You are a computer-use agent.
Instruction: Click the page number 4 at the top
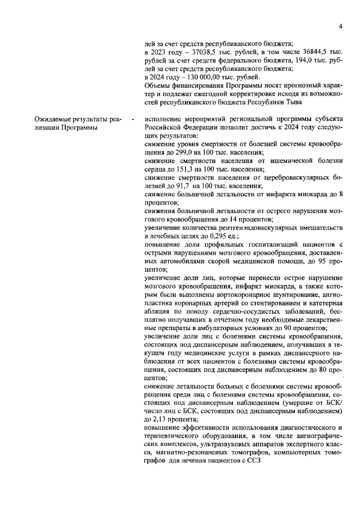[x=341, y=26]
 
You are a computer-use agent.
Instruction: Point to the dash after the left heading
[x=133, y=119]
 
